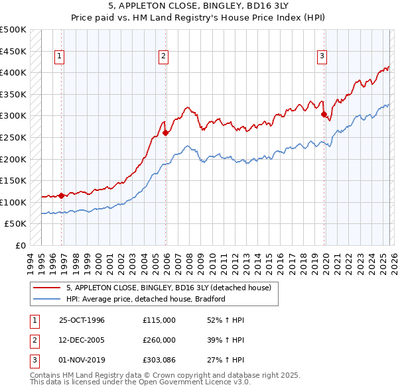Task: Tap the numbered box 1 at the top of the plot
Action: (60, 57)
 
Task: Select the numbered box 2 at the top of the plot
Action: (163, 57)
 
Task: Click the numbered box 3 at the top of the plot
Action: (322, 57)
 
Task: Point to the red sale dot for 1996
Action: (61, 195)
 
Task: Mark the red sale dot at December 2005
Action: (165, 133)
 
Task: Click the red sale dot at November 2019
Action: (324, 114)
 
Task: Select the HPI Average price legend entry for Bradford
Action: (146, 299)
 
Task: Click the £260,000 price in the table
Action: (159, 339)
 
